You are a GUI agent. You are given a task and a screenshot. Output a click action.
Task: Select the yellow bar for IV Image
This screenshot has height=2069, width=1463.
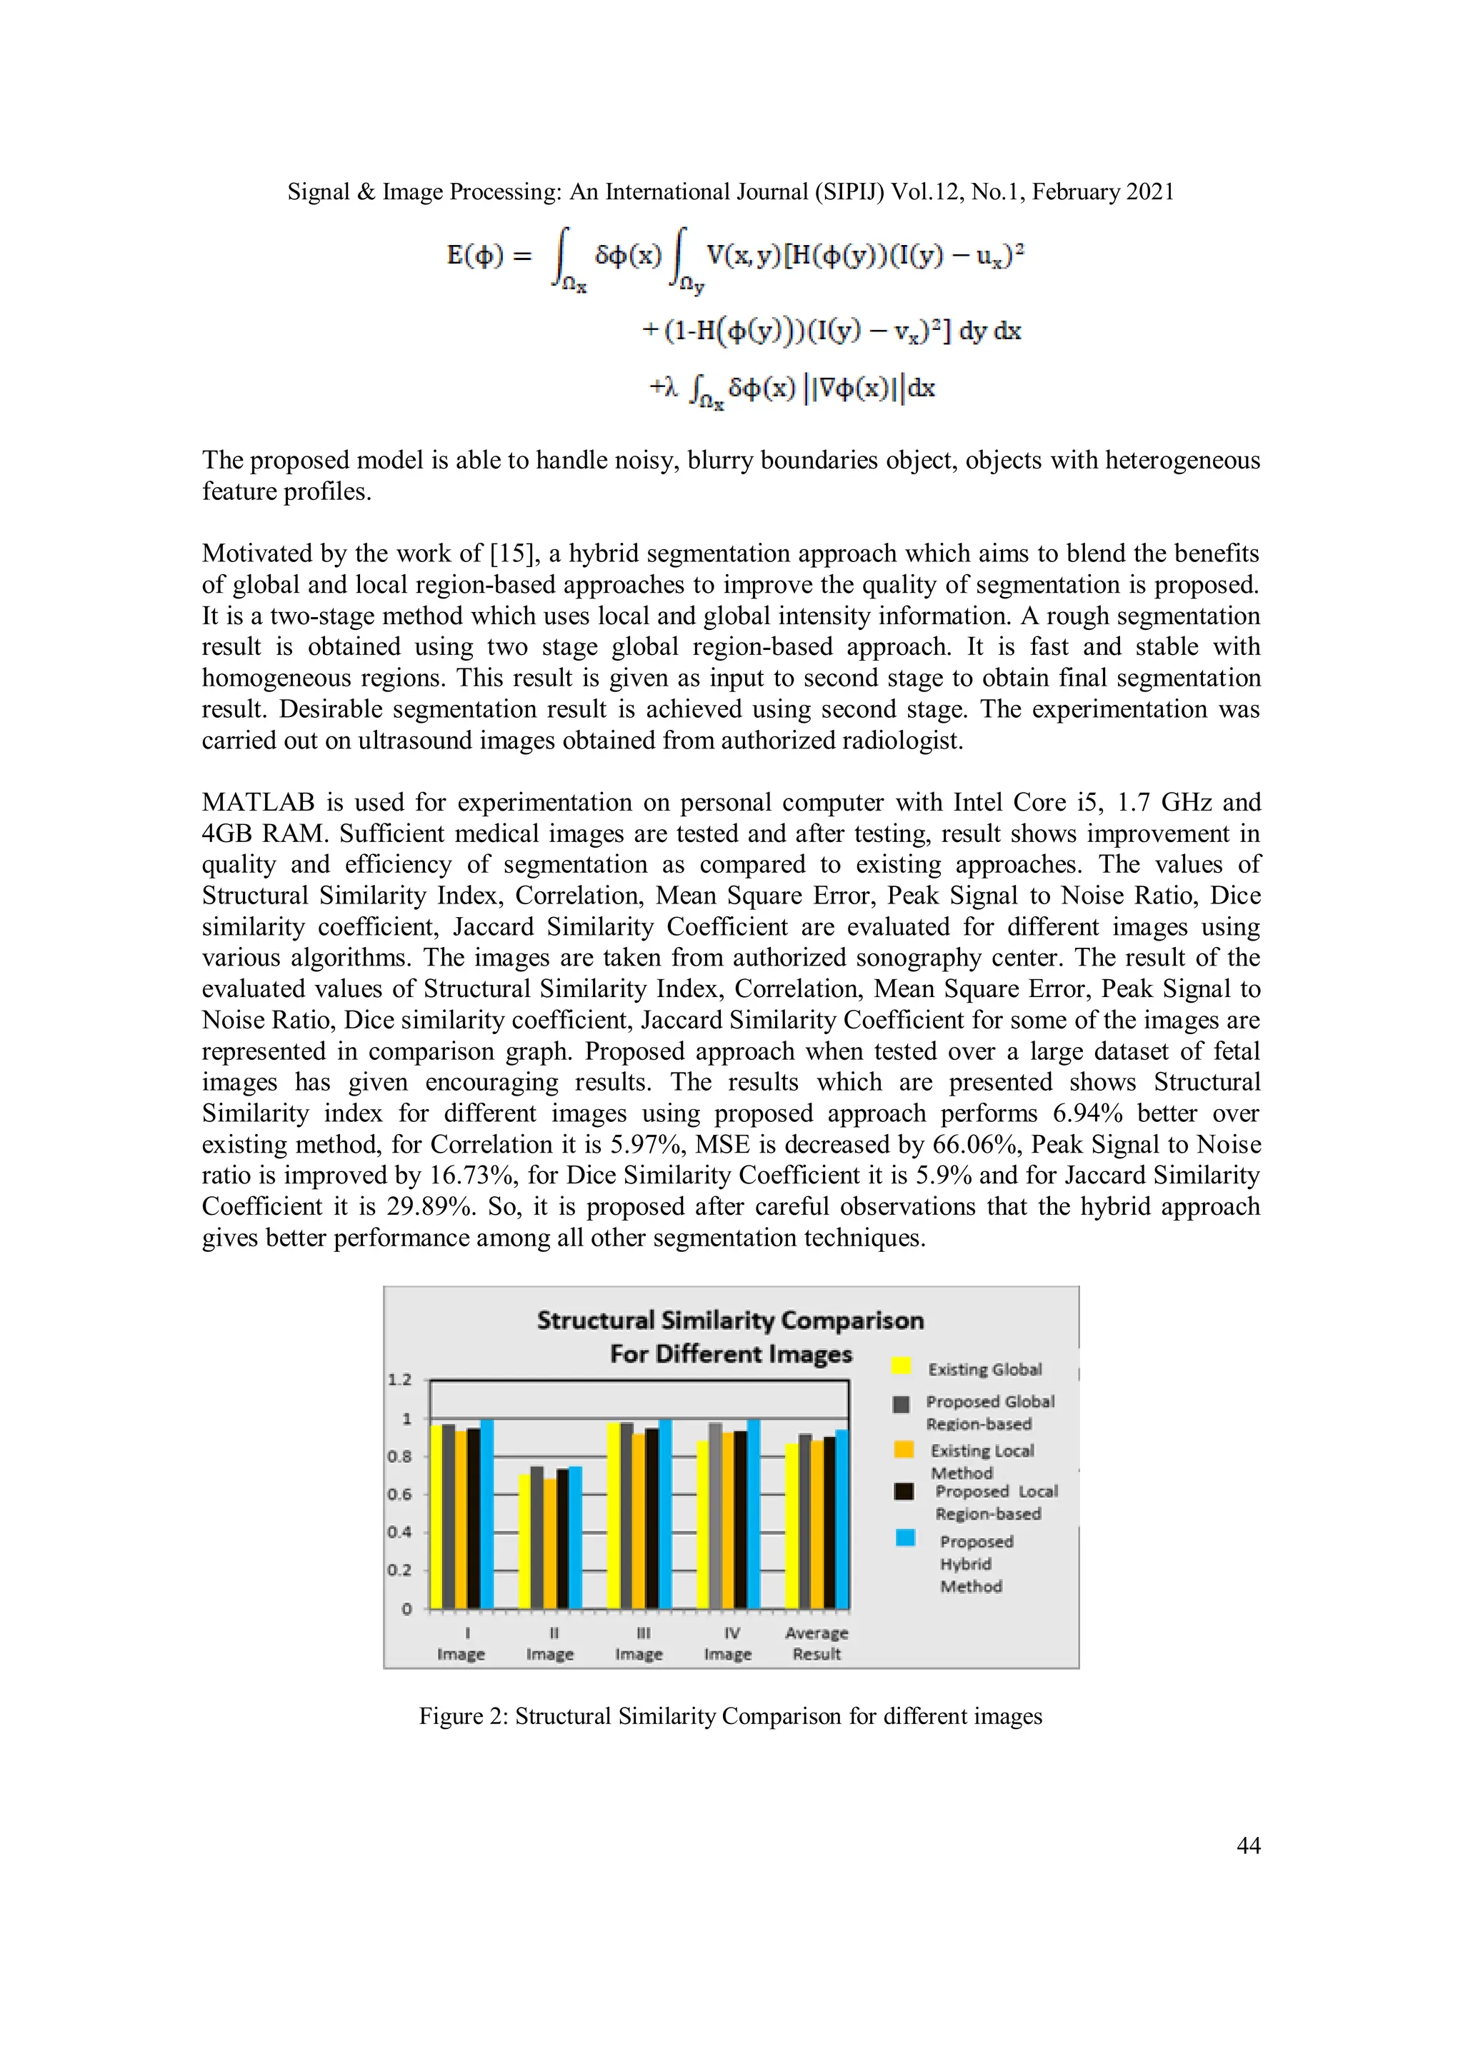(x=702, y=1525)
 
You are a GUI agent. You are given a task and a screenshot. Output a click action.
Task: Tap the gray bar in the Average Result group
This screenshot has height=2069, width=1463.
(x=805, y=1521)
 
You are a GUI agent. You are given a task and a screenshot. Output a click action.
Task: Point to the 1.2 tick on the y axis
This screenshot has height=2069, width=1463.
(x=399, y=1380)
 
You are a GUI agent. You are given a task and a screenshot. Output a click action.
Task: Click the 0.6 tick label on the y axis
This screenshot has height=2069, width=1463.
(x=399, y=1494)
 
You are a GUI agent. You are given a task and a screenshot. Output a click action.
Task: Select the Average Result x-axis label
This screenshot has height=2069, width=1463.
(x=816, y=1643)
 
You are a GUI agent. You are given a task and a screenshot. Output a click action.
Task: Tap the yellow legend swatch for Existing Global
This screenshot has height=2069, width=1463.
(x=902, y=1366)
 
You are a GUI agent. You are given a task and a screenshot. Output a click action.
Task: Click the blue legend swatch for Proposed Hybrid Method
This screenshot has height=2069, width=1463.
(x=905, y=1538)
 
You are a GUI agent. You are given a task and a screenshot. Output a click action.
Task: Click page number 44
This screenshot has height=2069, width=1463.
(x=1247, y=1845)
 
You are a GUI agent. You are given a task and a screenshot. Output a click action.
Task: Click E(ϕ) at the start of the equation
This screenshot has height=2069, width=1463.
(x=475, y=255)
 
